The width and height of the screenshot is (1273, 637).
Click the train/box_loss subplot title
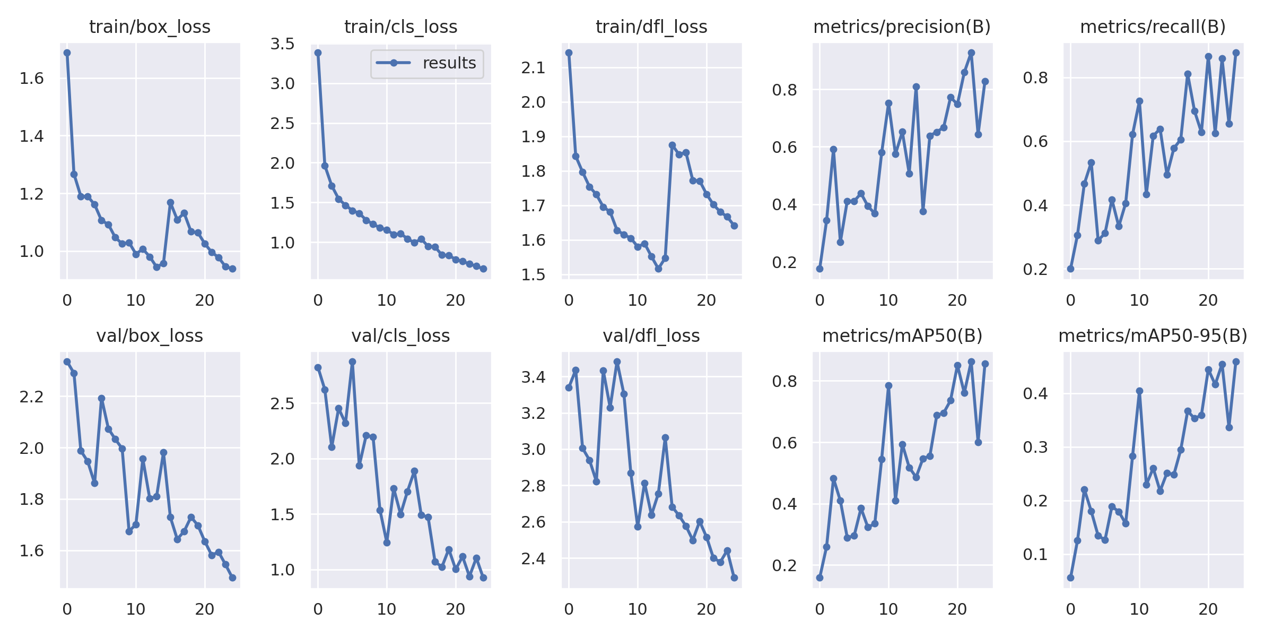tap(150, 27)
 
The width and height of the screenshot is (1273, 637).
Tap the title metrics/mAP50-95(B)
tap(1153, 335)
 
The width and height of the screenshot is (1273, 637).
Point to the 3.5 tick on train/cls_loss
tap(282, 44)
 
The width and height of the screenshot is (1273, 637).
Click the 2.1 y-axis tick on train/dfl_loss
tap(533, 67)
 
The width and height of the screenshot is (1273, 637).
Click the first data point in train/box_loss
tap(67, 53)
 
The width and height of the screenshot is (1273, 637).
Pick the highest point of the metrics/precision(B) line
tap(971, 53)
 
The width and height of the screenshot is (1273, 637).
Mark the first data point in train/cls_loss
tap(318, 53)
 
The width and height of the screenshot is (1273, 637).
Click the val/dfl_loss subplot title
tap(651, 335)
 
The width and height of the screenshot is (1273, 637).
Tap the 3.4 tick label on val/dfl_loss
tap(533, 377)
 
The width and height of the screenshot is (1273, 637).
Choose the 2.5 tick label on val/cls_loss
tap(282, 403)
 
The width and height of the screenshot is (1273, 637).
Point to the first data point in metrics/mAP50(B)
tap(819, 578)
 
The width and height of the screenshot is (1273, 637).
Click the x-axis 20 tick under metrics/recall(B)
tap(1208, 300)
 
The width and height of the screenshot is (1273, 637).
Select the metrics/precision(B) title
tap(902, 27)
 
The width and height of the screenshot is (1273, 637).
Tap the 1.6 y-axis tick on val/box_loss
tap(31, 551)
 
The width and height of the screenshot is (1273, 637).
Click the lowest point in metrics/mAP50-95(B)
tap(1070, 578)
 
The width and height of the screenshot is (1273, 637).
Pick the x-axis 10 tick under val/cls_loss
tap(387, 609)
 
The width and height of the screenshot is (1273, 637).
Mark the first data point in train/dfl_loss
tap(569, 53)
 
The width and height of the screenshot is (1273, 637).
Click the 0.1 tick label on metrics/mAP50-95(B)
tap(1035, 555)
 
